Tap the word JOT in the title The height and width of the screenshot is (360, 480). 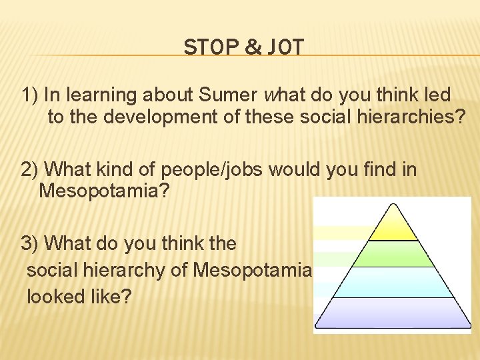[285, 48]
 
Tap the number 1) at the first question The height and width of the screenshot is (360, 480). [29, 95]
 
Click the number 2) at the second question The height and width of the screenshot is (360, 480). [29, 169]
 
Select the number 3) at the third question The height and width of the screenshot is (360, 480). [29, 243]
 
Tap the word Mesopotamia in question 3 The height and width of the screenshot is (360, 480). [252, 270]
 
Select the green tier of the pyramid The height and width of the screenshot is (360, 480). [393, 254]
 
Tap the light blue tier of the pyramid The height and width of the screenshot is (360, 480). [393, 283]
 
